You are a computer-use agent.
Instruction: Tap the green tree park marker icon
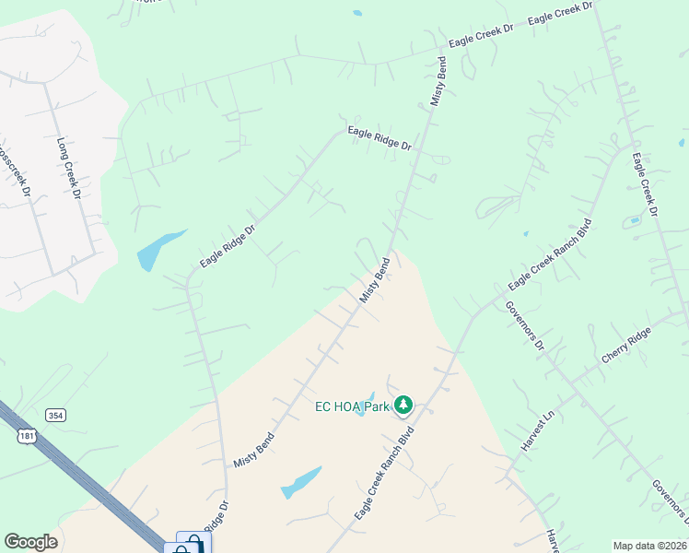click(x=403, y=405)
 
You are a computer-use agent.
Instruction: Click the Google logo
click(x=30, y=542)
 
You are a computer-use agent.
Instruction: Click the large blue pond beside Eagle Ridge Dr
click(x=158, y=249)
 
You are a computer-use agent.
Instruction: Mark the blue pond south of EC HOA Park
click(x=301, y=482)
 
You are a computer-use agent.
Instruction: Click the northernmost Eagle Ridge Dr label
click(x=379, y=139)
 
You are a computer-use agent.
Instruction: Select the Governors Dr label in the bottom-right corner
click(x=669, y=500)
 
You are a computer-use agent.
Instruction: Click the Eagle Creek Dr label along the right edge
click(x=645, y=185)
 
